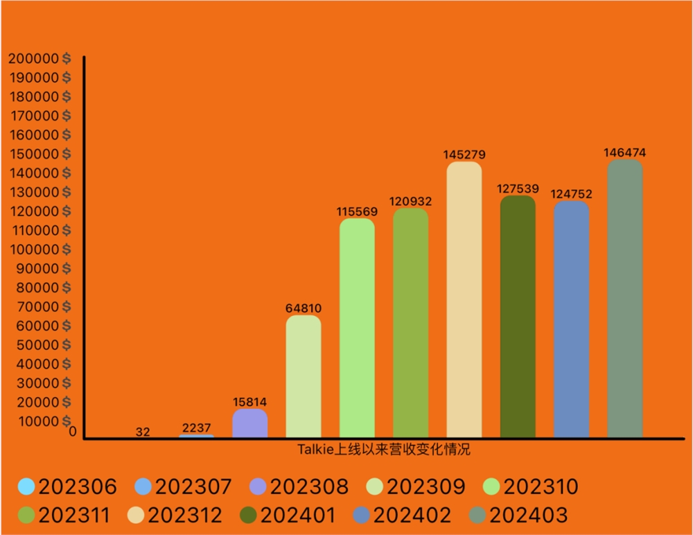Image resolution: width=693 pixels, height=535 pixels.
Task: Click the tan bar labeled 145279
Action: coord(464,299)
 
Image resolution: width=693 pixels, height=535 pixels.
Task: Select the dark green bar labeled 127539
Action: coord(518,316)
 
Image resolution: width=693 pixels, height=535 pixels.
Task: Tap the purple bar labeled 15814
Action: coord(250,423)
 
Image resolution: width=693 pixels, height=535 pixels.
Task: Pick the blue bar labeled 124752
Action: coord(571,319)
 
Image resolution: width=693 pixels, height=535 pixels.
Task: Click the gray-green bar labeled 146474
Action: coord(624,298)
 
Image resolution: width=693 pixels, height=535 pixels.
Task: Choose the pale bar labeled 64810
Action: coord(304,376)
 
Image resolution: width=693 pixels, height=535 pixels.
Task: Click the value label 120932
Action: coord(410,202)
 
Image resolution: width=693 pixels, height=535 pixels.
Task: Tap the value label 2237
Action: coord(197,428)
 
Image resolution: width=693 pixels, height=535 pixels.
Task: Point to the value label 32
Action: coord(143,432)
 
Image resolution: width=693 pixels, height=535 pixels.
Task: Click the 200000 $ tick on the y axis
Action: coord(39,58)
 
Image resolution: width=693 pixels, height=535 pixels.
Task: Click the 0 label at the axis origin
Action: coord(73,432)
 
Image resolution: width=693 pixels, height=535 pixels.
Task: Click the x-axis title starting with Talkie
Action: coord(385,449)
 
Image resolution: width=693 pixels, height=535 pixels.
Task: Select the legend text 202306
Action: coord(78,486)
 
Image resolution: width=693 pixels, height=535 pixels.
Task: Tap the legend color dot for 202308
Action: coord(257,486)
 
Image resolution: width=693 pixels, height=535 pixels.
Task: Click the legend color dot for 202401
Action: coord(248,515)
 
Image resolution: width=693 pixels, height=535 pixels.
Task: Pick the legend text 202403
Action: coord(528,515)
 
